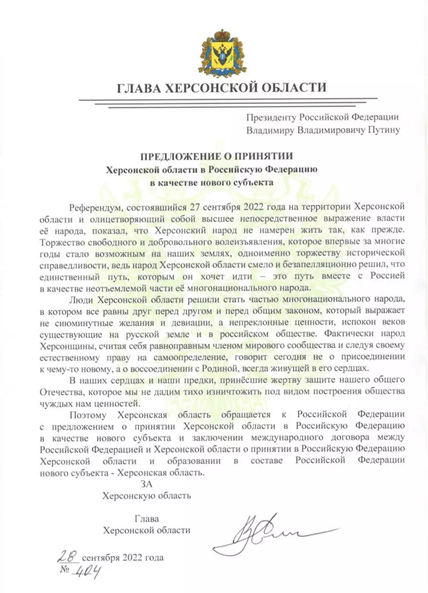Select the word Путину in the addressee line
pyautogui.click(x=384, y=130)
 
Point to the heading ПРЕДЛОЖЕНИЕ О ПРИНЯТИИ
pyautogui.click(x=216, y=156)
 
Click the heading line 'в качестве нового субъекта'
pyautogui.click(x=211, y=182)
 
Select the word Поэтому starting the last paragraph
pyautogui.click(x=88, y=415)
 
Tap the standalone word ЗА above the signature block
pyautogui.click(x=146, y=484)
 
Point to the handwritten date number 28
pyautogui.click(x=68, y=556)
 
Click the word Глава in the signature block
pyautogui.click(x=147, y=519)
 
